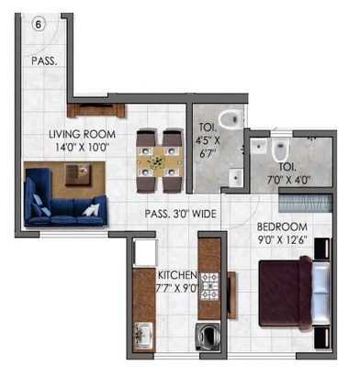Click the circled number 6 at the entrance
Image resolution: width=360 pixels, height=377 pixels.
tap(39, 25)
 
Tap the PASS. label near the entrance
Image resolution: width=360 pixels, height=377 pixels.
tap(44, 62)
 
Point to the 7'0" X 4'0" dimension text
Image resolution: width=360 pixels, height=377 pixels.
tap(287, 180)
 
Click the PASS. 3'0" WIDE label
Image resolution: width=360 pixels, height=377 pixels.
tap(180, 214)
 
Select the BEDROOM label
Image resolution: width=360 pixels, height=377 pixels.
tap(282, 227)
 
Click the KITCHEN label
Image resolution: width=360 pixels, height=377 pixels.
tap(176, 274)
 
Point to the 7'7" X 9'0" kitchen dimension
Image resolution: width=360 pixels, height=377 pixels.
tap(176, 287)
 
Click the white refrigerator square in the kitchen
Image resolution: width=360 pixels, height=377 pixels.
tap(143, 249)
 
